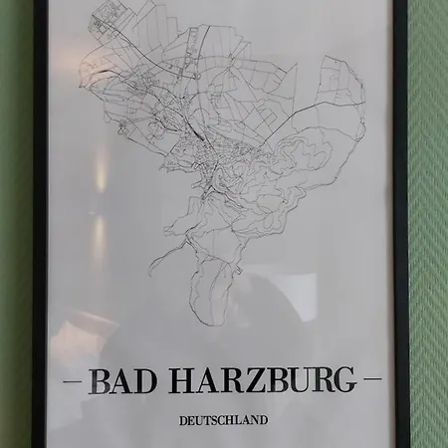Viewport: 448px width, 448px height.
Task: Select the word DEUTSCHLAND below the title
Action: (x=223, y=420)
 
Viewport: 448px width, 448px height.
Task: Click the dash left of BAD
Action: (x=73, y=381)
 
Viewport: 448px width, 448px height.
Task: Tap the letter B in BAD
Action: (x=99, y=380)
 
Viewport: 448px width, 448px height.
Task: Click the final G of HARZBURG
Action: (x=343, y=380)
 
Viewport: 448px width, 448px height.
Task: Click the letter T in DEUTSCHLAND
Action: (x=207, y=420)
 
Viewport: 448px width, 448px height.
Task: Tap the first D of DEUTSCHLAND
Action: (x=183, y=420)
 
